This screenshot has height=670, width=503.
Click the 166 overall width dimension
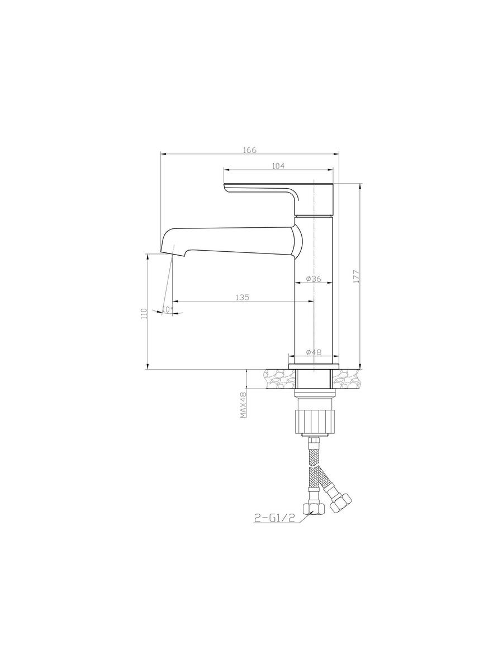(x=250, y=150)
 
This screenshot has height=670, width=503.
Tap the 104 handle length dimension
(x=278, y=166)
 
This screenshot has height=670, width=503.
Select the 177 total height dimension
(x=357, y=276)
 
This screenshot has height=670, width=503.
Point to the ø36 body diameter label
(x=313, y=279)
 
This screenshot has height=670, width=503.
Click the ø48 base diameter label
(x=314, y=352)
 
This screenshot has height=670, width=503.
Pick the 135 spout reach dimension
(x=243, y=297)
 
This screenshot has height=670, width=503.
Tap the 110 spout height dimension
(x=144, y=313)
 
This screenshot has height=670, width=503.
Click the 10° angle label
(x=168, y=309)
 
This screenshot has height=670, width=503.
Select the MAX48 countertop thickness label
(x=244, y=405)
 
